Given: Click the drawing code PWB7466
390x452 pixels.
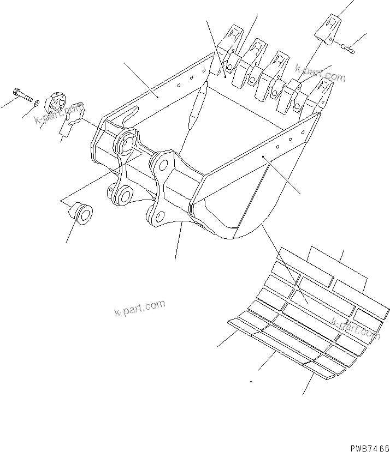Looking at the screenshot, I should (365, 446).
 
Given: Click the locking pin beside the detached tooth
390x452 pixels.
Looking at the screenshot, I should (347, 49).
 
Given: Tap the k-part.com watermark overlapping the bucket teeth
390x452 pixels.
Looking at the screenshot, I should (321, 73).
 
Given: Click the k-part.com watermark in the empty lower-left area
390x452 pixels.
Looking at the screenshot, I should (140, 308).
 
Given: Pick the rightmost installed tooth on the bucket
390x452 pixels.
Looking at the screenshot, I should (322, 94).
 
